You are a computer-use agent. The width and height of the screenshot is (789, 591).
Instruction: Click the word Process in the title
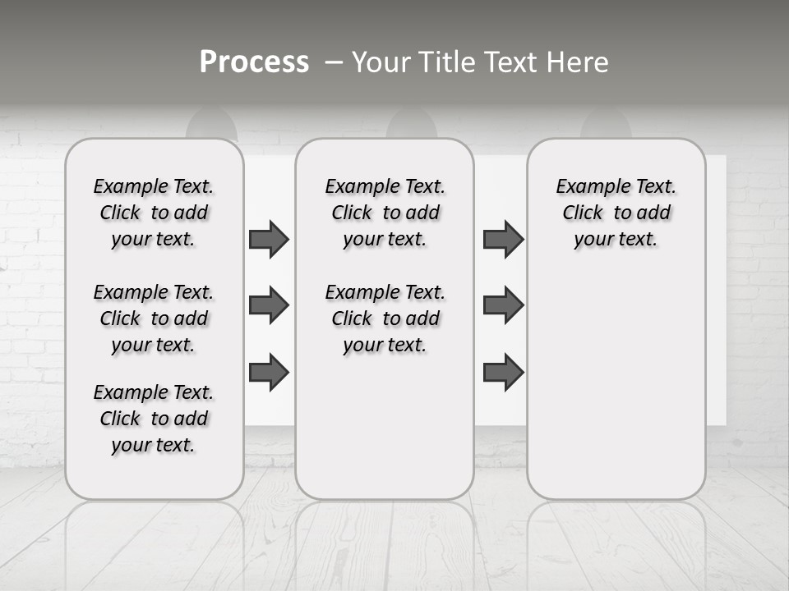point(254,62)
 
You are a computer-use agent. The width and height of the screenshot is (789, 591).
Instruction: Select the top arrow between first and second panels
point(269,240)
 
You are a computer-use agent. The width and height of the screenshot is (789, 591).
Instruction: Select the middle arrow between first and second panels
point(269,306)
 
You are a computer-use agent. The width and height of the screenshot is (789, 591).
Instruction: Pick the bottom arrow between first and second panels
point(269,372)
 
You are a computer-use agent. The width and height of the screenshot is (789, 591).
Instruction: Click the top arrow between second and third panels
point(503,240)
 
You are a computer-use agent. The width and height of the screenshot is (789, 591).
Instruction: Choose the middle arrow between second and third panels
point(503,305)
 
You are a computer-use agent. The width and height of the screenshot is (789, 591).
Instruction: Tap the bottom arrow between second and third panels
point(503,372)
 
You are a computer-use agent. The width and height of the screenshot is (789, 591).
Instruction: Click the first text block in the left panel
point(154,213)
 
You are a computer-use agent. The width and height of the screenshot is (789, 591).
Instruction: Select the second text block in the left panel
point(154,318)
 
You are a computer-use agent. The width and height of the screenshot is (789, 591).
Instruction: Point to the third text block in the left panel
point(154,419)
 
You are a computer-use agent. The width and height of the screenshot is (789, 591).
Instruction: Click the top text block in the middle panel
point(385,213)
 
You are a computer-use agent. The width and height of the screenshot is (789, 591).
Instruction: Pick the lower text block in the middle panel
point(385,318)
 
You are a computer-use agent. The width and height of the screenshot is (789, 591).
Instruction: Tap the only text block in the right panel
point(616,213)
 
